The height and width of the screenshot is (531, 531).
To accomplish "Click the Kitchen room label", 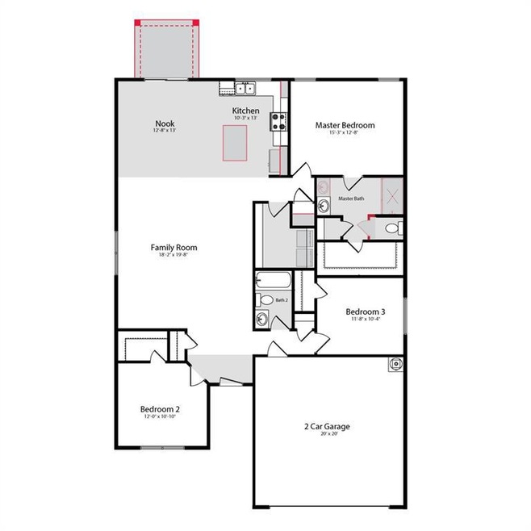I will click(x=246, y=110).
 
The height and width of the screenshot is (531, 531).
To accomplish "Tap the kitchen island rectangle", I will click(x=235, y=144).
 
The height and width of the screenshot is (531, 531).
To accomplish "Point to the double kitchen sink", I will click(x=245, y=87).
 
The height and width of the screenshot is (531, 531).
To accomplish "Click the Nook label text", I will click(x=165, y=124).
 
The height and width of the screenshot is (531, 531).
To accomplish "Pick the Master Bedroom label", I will click(x=345, y=125).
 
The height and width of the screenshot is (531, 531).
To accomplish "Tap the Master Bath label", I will click(x=352, y=199).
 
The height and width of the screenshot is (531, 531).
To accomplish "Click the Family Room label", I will click(x=174, y=248).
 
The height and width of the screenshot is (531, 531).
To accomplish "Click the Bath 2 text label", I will click(x=281, y=300).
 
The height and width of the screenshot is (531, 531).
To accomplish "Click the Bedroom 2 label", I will click(x=160, y=409).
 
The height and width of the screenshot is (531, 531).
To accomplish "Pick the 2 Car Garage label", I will click(x=327, y=426).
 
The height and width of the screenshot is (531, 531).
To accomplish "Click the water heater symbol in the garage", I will click(x=395, y=364).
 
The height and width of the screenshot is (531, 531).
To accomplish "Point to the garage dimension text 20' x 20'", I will click(x=327, y=435).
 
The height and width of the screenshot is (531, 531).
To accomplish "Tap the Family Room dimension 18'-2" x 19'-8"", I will click(x=174, y=257).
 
